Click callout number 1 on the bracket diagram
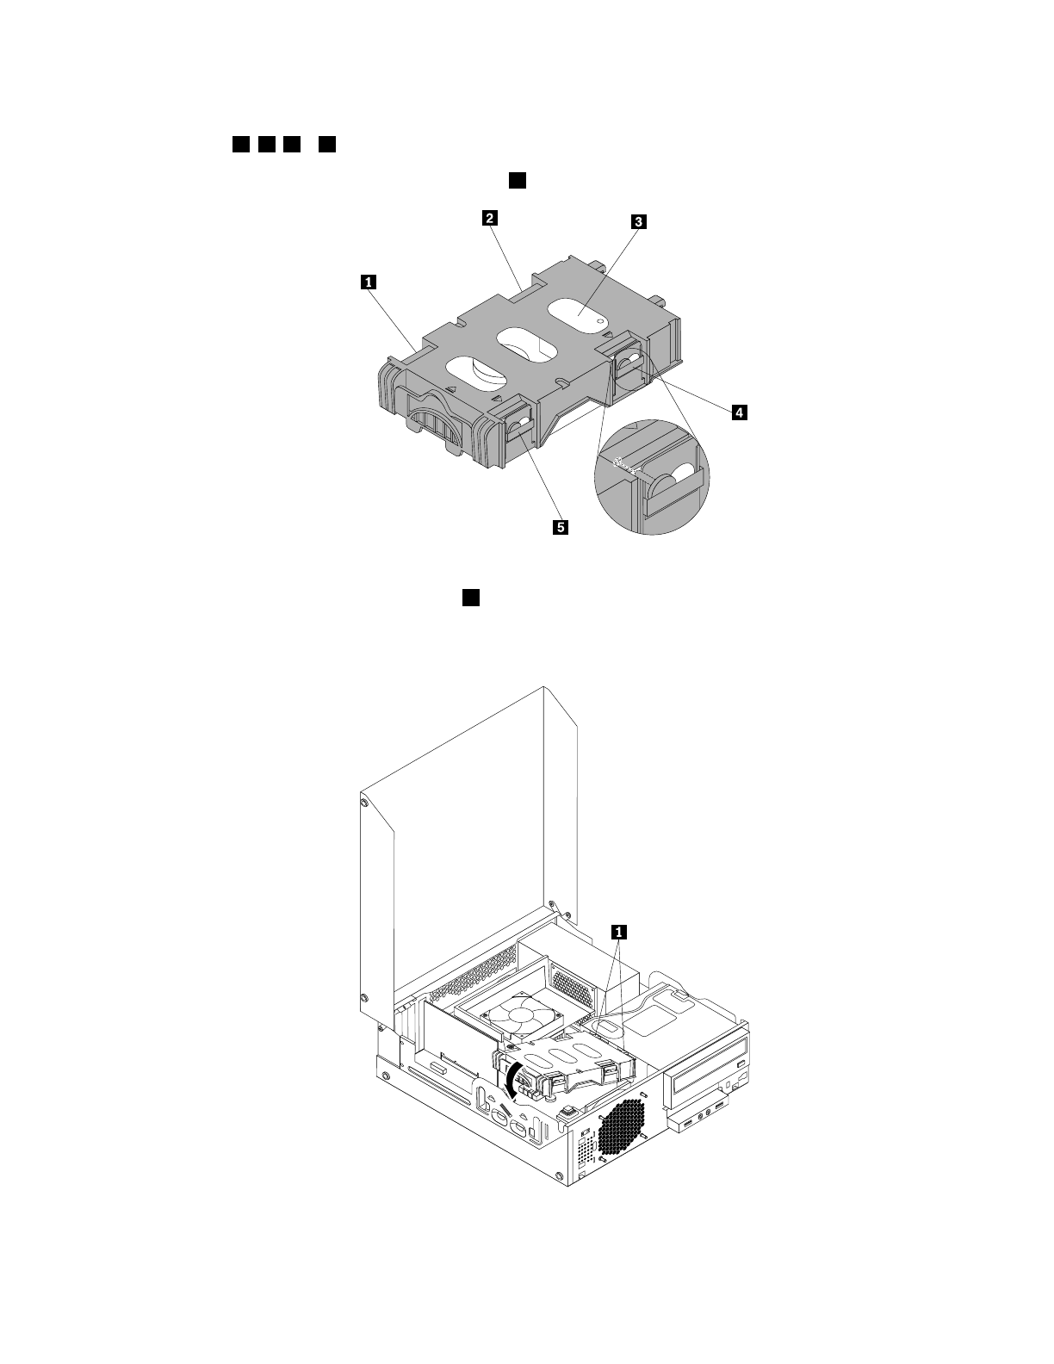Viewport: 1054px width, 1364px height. tap(369, 280)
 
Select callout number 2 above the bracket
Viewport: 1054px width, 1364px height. tap(488, 218)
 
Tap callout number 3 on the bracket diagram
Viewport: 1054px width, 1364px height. tap(637, 222)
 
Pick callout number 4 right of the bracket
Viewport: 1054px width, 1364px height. tap(739, 413)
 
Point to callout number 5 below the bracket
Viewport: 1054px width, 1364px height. tap(560, 527)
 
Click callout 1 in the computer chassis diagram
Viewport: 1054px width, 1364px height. tap(617, 930)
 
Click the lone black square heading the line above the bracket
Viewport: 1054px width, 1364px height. tap(517, 179)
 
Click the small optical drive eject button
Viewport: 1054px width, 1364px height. tap(741, 1066)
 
